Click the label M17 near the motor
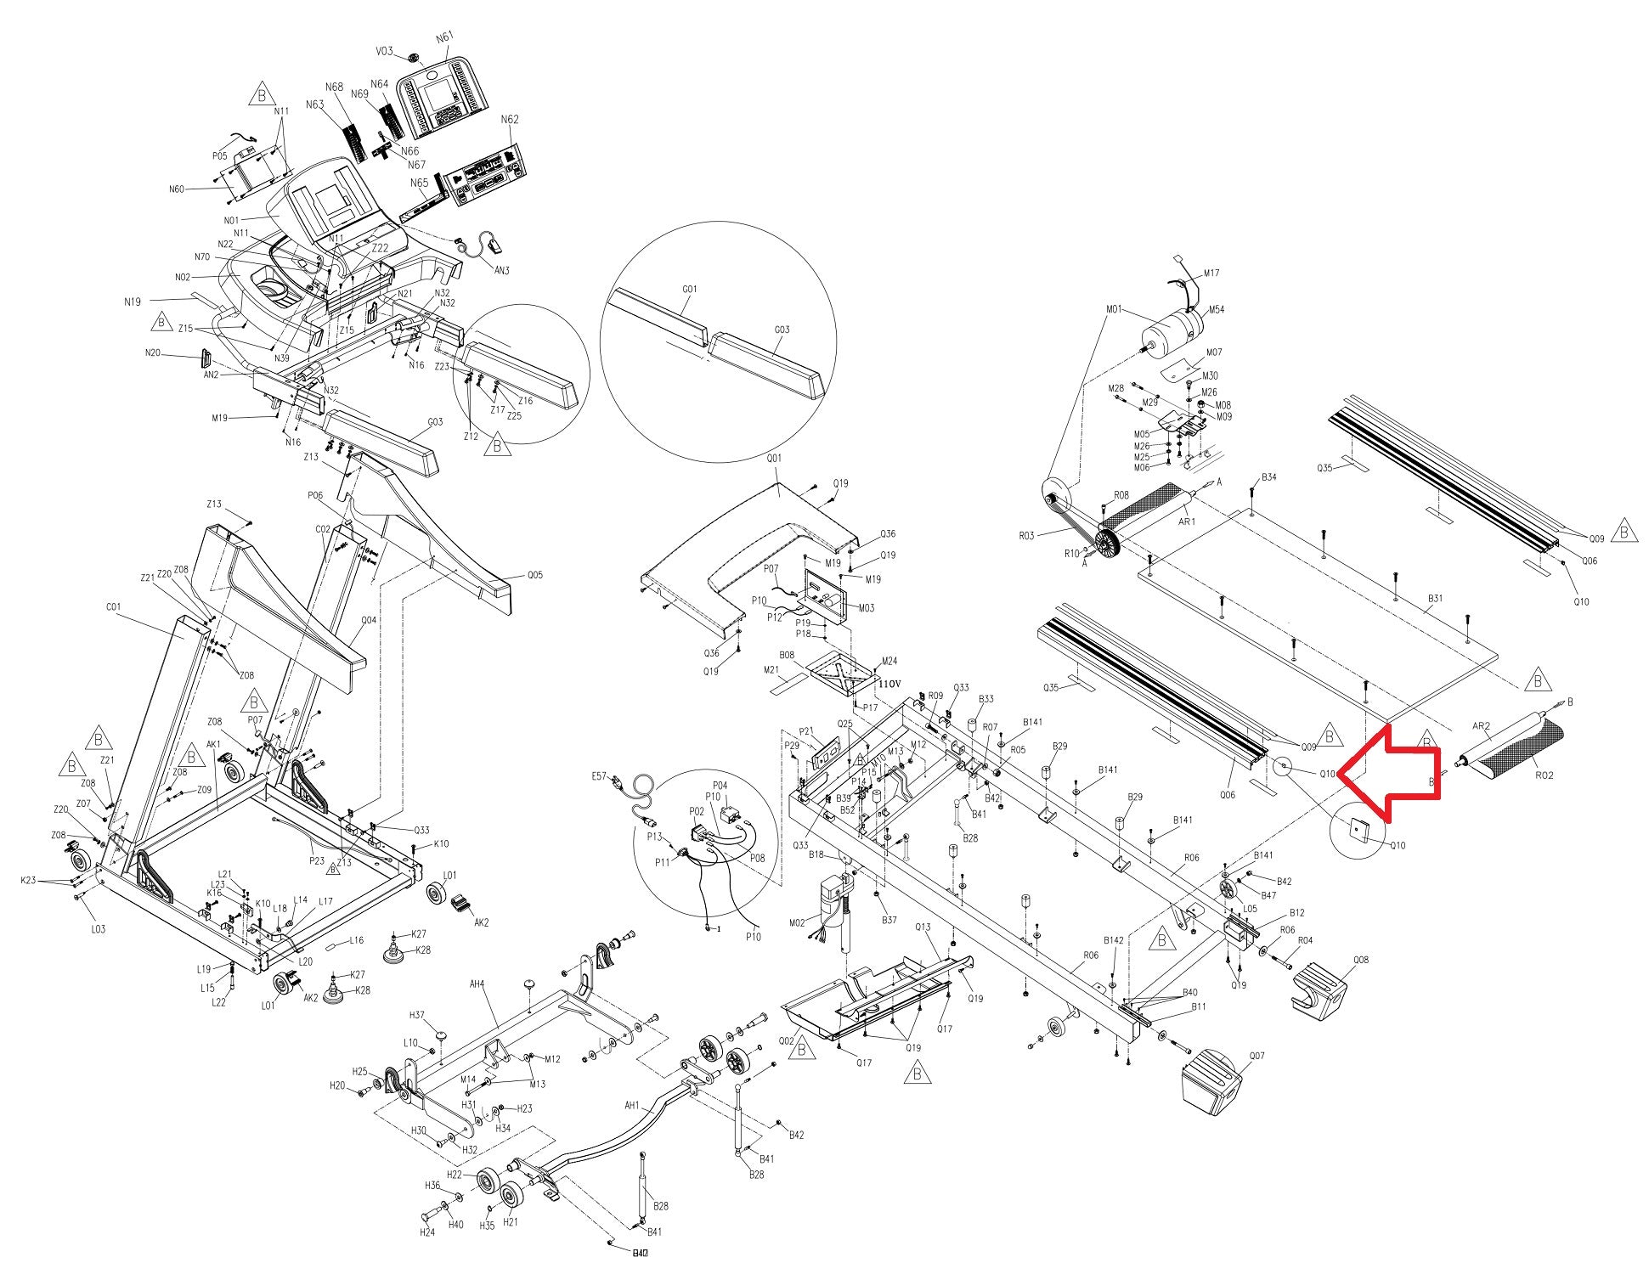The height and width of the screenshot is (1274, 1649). click(x=1211, y=273)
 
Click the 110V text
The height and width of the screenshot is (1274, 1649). click(x=888, y=684)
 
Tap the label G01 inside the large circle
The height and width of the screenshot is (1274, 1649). click(x=689, y=290)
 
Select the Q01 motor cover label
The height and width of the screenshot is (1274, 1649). click(x=774, y=459)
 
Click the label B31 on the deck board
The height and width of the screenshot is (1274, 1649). click(x=1434, y=598)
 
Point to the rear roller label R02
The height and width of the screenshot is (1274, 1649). click(x=1545, y=775)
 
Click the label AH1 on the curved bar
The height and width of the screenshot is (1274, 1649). click(x=631, y=1106)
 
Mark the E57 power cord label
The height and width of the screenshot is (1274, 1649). click(x=598, y=776)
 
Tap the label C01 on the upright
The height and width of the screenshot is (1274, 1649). click(x=114, y=607)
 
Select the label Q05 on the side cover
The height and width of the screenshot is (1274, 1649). click(x=534, y=575)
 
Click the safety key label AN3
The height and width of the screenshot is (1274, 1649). click(x=502, y=271)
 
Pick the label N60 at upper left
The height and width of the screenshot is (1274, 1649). click(x=177, y=189)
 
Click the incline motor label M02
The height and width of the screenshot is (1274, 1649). click(x=797, y=922)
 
